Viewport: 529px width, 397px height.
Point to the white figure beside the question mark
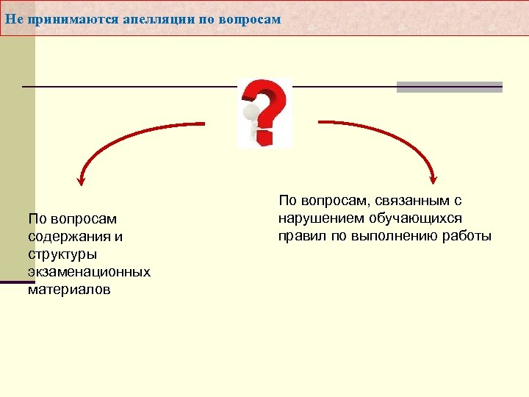[252, 122]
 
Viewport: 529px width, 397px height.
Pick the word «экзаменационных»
[89, 272]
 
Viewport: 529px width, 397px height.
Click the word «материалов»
[69, 290]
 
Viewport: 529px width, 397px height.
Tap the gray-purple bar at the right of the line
[449, 87]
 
